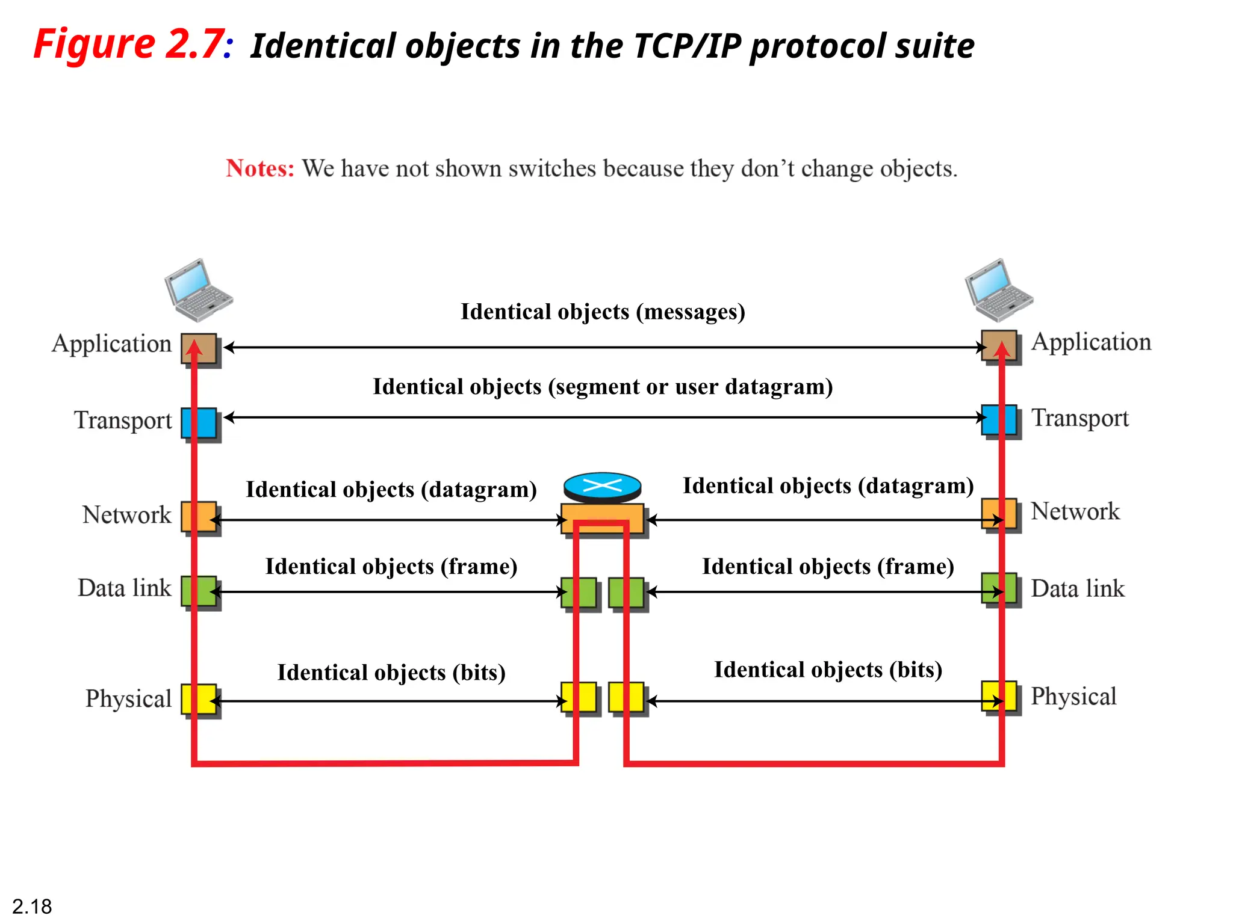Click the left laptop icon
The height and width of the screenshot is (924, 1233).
point(198,290)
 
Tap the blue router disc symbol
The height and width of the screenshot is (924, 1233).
point(602,486)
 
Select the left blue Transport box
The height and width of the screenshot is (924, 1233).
point(199,423)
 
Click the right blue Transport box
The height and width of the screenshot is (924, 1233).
point(999,420)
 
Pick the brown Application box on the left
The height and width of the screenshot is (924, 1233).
point(199,349)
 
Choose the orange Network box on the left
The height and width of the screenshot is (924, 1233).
point(199,516)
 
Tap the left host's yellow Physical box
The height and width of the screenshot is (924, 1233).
point(199,699)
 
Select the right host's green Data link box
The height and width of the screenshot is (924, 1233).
point(999,588)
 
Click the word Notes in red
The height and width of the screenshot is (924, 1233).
point(260,168)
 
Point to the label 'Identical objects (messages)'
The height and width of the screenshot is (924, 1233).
point(603,312)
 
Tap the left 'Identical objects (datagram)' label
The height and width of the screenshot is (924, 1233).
point(391,490)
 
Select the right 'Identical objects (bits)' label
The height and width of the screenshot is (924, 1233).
point(828,670)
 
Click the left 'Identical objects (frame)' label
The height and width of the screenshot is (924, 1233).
point(391,567)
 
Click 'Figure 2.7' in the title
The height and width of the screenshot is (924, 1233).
point(129,45)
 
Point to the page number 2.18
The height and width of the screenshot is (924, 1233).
point(32,906)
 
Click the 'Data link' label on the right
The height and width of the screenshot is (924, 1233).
point(1077,588)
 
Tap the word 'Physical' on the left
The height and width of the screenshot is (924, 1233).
point(128,699)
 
